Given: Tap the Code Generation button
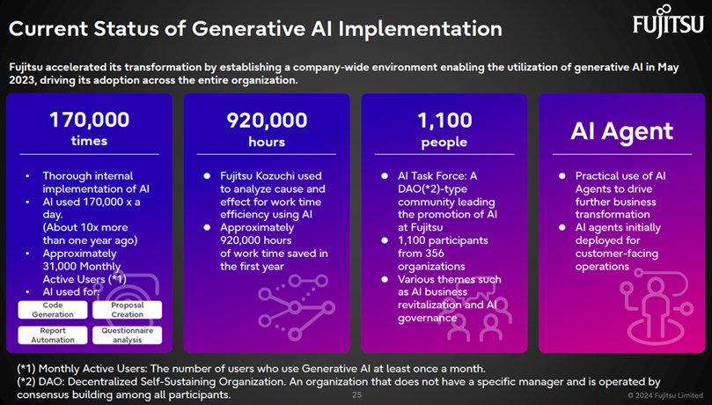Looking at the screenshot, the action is click(x=53, y=310).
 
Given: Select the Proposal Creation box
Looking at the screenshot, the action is click(x=127, y=310).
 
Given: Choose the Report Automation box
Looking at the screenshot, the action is click(x=53, y=335).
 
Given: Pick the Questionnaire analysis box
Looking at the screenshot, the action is click(x=127, y=335).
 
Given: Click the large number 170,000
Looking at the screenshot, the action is click(x=89, y=120).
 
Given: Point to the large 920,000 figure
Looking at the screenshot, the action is click(x=267, y=120).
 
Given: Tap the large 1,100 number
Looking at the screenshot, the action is click(x=444, y=120).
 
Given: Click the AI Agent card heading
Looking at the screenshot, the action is click(x=621, y=131).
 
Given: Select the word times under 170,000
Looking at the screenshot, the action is click(x=89, y=141).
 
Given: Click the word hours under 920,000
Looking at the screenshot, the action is click(x=267, y=142).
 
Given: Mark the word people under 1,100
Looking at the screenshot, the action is click(x=444, y=143).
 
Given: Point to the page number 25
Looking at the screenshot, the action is click(x=357, y=395).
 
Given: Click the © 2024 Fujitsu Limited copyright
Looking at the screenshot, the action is click(x=665, y=396).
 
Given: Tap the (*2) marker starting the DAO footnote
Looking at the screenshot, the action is click(x=26, y=382).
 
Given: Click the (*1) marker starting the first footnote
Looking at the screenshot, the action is click(x=26, y=369).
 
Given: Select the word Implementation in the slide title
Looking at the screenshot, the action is click(x=420, y=29).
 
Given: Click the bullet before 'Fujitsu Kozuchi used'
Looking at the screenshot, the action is click(x=207, y=176).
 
